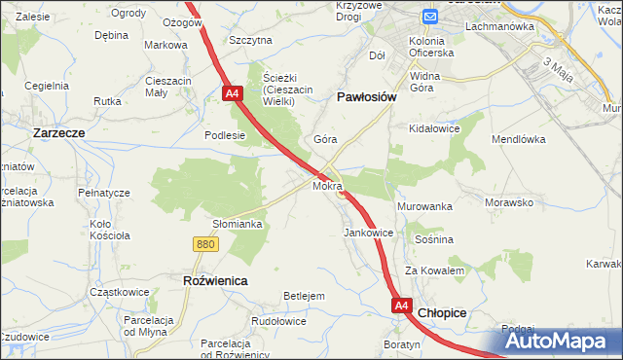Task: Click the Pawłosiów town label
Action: click(366, 97)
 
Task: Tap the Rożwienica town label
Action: click(215, 280)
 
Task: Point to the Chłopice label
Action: click(443, 313)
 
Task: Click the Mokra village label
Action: click(327, 184)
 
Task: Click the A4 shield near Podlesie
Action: click(232, 94)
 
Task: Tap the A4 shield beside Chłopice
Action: click(402, 306)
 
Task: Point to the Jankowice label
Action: click(368, 234)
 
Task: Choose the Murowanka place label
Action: click(425, 207)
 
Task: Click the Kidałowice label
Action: click(434, 128)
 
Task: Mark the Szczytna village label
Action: click(250, 40)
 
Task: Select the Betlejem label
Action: click(303, 296)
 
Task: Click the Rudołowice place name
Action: click(280, 320)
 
